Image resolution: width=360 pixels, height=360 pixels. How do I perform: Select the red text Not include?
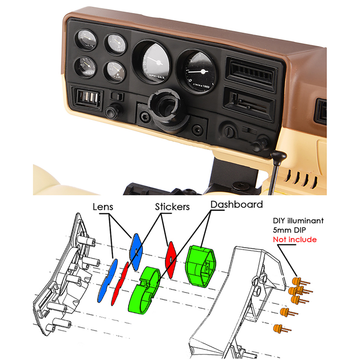[x=294, y=239]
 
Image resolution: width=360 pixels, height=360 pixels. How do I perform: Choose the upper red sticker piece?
[x=170, y=255]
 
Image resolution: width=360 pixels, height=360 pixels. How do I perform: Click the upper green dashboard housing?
[x=201, y=265]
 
